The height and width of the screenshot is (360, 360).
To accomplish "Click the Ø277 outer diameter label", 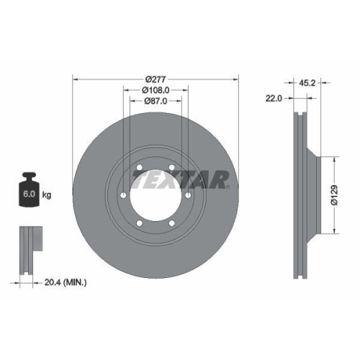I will [156, 78].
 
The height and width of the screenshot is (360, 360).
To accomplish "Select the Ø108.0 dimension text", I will [155, 90].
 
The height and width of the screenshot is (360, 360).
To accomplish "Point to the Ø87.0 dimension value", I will [155, 102].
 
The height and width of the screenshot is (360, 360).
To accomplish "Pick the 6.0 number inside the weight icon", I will [30, 195].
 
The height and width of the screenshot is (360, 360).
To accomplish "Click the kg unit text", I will [47, 195].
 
